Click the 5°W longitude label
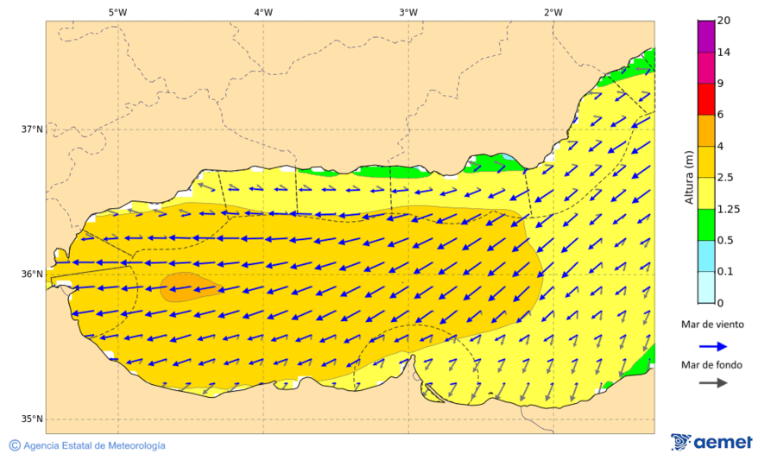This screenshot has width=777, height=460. click(117, 12)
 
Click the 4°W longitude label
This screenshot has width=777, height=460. click(263, 12)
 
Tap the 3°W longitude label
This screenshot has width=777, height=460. click(408, 12)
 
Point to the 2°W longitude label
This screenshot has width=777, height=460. click(553, 12)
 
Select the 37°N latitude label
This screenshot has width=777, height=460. click(32, 129)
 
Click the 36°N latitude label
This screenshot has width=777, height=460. click(32, 274)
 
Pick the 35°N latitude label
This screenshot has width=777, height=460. click(32, 419)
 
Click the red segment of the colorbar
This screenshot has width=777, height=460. click(706, 98)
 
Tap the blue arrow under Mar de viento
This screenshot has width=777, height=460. click(711, 346)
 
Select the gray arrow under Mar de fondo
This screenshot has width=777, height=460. click(711, 383)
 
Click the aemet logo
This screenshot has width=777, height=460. click(711, 442)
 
